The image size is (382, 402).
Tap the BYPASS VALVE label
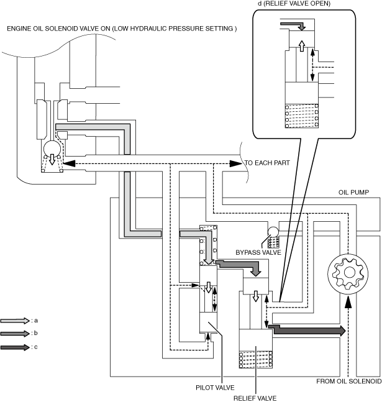[x=258, y=252]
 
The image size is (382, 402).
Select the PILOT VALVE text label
[x=215, y=387]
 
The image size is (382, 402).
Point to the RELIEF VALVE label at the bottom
[x=255, y=398]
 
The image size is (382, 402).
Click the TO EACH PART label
[x=267, y=163]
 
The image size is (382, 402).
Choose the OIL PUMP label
[x=353, y=192]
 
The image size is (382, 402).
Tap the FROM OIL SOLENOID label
[x=348, y=381]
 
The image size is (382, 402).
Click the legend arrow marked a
[x=15, y=321]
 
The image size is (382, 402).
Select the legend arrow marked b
[x=15, y=333]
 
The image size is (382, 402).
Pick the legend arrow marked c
[x=15, y=347]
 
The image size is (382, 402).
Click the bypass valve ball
[x=273, y=232]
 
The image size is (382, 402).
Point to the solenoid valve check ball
[x=52, y=148]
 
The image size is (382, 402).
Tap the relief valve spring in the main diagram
[x=256, y=360]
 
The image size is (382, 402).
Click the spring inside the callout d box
[x=302, y=116]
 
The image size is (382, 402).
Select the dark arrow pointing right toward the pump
[x=307, y=329]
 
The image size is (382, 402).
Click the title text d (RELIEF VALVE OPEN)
[x=294, y=3]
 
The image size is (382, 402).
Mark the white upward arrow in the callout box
[x=302, y=45]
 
